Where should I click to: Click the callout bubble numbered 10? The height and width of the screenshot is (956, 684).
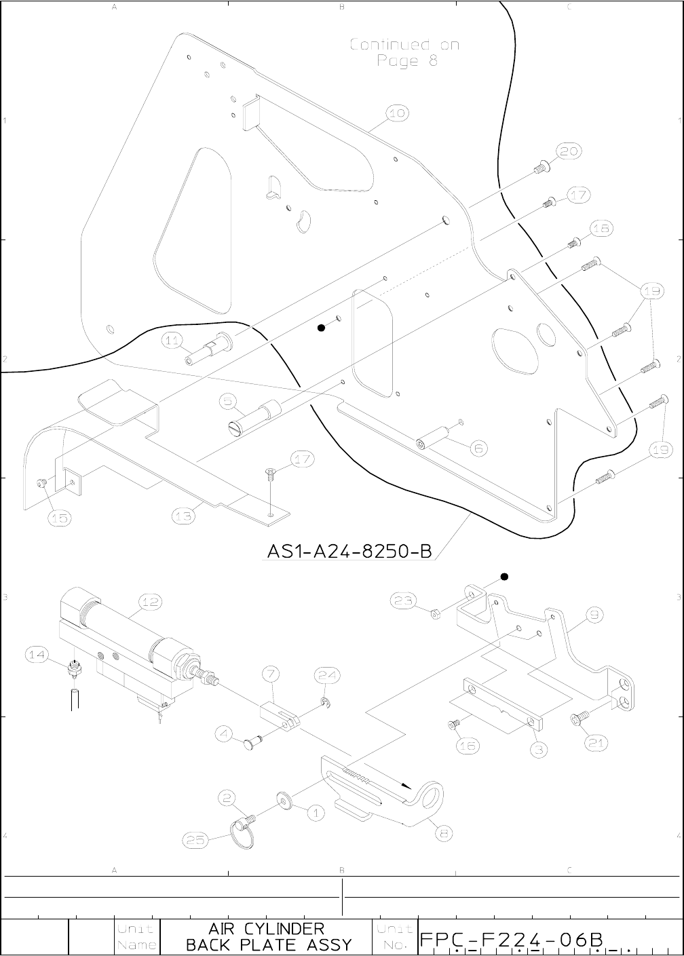click(x=398, y=113)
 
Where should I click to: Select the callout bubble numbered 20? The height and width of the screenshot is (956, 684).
click(x=569, y=151)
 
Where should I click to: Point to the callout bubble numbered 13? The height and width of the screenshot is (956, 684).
click(x=183, y=516)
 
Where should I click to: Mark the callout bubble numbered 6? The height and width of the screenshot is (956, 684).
click(x=478, y=448)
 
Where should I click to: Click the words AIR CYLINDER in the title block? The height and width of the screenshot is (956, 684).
click(x=266, y=928)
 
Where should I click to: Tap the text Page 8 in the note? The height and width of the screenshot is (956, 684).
click(x=406, y=61)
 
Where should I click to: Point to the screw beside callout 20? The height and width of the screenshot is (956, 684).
click(x=541, y=165)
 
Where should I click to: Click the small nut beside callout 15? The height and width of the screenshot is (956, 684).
click(x=40, y=482)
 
